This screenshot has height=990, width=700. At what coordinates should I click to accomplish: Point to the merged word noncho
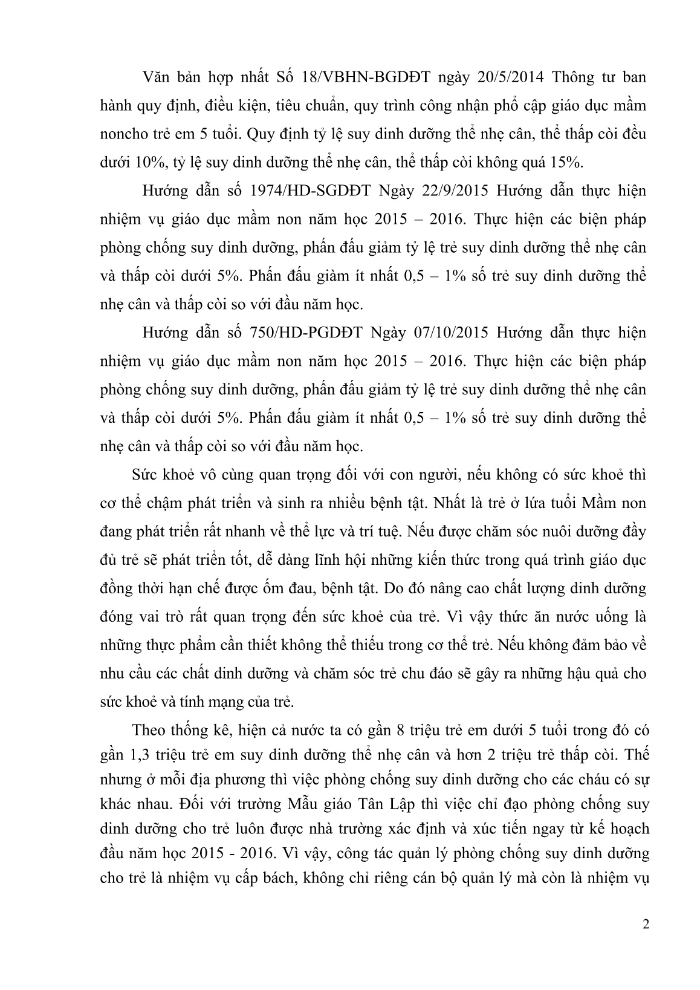pyautogui.click(x=122, y=134)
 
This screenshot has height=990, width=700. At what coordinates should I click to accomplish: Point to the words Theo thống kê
pyautogui.click(x=169, y=730)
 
